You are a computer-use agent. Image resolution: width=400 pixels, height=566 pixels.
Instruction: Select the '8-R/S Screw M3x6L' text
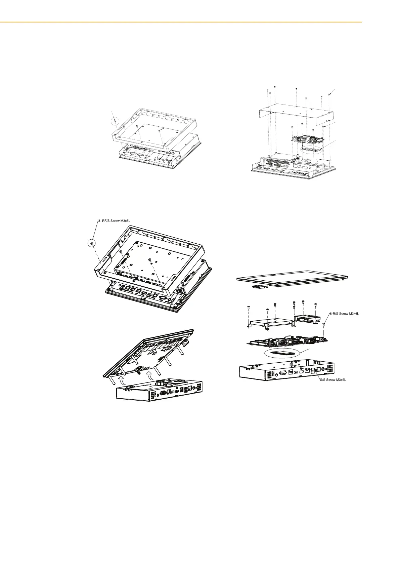(x=345, y=314)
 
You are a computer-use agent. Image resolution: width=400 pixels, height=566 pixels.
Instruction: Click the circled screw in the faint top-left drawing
(x=115, y=120)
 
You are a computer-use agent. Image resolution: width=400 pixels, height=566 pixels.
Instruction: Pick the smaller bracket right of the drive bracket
(x=306, y=318)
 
